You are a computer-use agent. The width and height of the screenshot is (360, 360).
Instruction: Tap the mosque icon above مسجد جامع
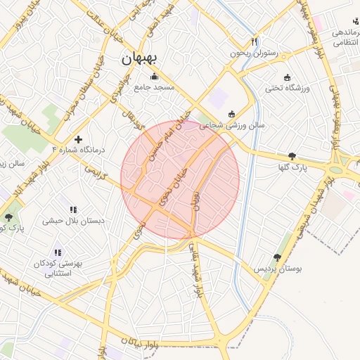(154, 76)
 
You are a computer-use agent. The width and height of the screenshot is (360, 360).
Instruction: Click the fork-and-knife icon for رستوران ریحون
(254, 42)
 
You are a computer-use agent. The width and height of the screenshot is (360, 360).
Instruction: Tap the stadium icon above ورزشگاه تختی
(286, 77)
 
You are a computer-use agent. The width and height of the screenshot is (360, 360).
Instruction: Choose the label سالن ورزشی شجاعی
(232, 125)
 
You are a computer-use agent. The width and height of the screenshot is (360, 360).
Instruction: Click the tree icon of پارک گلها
(292, 156)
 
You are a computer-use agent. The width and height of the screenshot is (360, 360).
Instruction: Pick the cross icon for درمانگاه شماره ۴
(78, 139)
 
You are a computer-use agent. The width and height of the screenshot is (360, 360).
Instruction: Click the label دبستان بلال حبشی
(73, 221)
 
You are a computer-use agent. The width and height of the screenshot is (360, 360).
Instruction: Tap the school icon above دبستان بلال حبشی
(73, 210)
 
